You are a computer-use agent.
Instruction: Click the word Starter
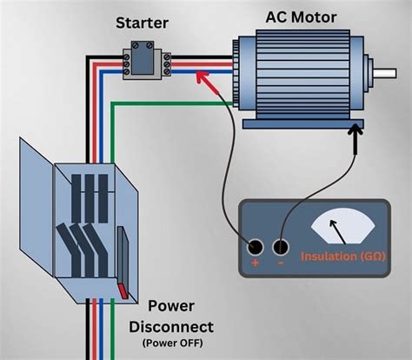tap(143, 22)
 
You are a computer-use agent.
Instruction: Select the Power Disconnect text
tap(170, 317)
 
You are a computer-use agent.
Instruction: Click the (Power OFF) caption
tap(170, 343)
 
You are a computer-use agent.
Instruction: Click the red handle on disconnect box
tap(123, 290)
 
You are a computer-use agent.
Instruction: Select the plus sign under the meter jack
tap(255, 263)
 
